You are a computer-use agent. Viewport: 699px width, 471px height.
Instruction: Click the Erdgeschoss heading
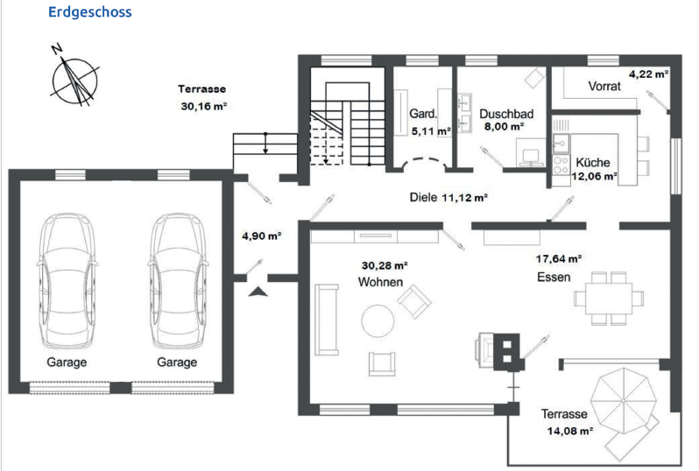click(x=89, y=11)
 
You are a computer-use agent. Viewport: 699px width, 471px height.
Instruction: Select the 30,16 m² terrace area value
click(x=204, y=107)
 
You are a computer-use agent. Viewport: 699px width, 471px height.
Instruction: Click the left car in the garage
click(x=67, y=280)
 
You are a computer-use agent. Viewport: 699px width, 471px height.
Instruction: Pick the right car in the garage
click(x=178, y=280)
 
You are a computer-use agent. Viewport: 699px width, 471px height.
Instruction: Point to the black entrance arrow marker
click(x=258, y=292)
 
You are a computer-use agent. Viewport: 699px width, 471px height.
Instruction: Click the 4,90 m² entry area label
click(x=261, y=235)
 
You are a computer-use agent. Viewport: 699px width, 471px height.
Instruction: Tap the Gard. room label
click(x=423, y=114)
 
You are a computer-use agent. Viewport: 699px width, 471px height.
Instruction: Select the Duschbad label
click(x=506, y=114)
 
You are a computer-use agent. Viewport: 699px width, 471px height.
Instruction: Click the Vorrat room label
click(x=604, y=86)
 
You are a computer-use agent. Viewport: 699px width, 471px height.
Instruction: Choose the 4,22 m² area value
click(x=648, y=74)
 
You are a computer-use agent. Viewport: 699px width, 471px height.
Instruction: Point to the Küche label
click(x=592, y=162)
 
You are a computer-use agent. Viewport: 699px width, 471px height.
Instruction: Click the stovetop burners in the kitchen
click(x=561, y=165)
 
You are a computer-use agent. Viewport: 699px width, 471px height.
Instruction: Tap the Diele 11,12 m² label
click(x=448, y=197)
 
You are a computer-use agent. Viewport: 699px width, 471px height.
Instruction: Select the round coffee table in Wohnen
click(x=378, y=320)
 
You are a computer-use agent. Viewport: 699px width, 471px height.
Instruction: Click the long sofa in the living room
click(x=327, y=320)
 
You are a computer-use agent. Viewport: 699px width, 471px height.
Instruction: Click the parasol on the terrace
click(x=623, y=401)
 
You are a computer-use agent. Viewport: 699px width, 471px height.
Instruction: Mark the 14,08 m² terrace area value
click(x=569, y=431)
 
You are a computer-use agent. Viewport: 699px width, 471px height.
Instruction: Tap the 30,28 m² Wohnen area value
click(x=385, y=266)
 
